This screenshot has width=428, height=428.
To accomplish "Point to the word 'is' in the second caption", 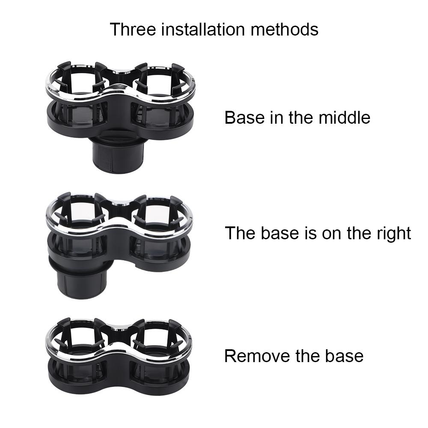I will (x=309, y=233).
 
